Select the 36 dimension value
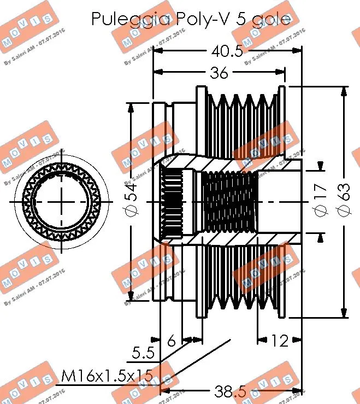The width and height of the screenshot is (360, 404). pos(219,73)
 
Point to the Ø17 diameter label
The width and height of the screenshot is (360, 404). pos(321,202)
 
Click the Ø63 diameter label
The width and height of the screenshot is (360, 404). pos(344,202)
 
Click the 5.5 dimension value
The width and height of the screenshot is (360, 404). pos(143,353)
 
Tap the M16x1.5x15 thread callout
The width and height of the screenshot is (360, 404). pos(107,376)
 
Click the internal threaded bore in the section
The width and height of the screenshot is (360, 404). pos(229,202)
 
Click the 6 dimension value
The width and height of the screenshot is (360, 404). pos(172,341)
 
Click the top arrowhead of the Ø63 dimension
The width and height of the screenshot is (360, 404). pos(344,91)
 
